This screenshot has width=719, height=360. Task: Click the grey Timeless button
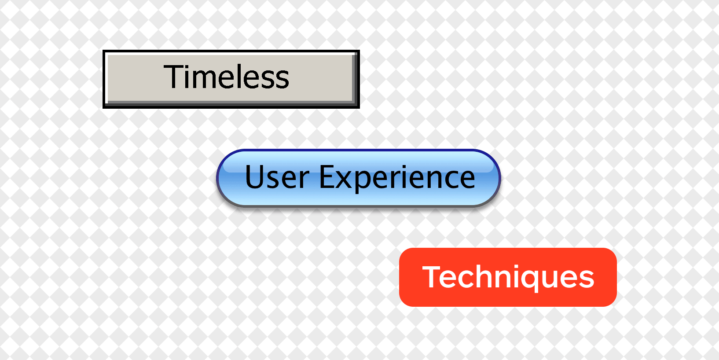click(x=231, y=79)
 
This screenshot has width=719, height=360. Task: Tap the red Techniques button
click(x=508, y=277)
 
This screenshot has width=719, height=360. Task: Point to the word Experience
click(x=397, y=177)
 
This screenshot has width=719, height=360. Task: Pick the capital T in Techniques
click(x=433, y=277)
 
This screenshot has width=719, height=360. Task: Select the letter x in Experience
click(x=343, y=180)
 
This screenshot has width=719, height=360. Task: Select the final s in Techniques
click(x=587, y=279)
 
